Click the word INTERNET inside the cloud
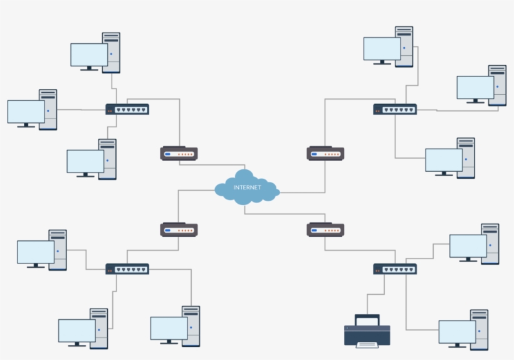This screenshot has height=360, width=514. pos(247,188)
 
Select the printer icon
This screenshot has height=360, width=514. pos(367,331)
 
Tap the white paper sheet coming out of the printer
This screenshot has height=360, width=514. pos(367,344)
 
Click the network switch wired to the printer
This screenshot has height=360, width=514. pos(395,269)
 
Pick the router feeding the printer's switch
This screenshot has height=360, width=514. pos(325,230)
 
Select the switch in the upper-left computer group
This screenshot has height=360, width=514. pos(127,109)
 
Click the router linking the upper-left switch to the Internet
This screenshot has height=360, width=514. pos(179,153)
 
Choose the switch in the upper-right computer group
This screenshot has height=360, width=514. pos(395,109)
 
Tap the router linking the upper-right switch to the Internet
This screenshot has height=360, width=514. pos(325,153)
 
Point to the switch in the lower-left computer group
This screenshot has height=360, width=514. pos(127,269)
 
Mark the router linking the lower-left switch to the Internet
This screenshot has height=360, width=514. pos(179,230)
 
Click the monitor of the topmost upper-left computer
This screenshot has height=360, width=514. pos(89,55)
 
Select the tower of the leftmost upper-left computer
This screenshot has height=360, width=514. pos(48,109)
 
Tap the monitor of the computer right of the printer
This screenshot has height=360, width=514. pos(457,332)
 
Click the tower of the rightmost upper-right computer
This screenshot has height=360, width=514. pos(498,85)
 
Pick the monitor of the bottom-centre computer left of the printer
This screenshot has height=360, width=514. pos(169,328)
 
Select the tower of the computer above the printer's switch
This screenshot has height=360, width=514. pos(490,243)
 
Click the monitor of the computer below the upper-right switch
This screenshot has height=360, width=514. pos(444,160)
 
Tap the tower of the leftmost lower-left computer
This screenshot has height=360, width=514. pos(58,250)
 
